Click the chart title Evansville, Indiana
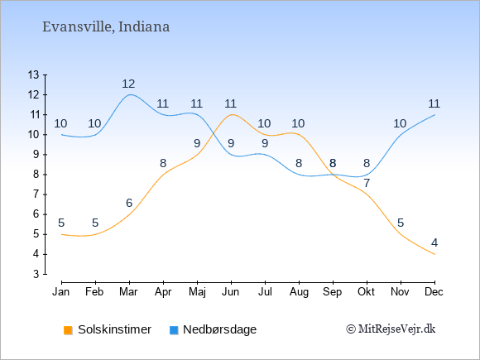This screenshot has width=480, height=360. (x=106, y=27)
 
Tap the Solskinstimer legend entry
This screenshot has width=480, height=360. (x=108, y=329)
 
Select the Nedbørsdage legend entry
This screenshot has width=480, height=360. (x=213, y=329)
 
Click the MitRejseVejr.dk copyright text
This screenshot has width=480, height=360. (x=391, y=329)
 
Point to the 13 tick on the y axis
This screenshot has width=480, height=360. (x=34, y=74)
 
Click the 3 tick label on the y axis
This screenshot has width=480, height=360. (x=36, y=274)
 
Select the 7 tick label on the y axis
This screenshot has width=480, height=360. (x=36, y=194)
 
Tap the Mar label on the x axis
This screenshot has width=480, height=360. (x=128, y=292)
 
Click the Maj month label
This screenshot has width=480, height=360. (x=197, y=292)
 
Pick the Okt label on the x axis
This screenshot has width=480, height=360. (x=366, y=292)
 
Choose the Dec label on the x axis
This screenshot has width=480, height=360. (x=434, y=292)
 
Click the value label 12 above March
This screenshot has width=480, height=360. (x=128, y=84)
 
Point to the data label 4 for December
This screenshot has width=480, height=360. (x=434, y=242)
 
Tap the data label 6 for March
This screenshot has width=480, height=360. (x=129, y=203)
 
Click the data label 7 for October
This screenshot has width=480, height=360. (x=367, y=183)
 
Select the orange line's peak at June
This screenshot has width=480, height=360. (x=232, y=114)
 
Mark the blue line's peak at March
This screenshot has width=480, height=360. (x=131, y=94)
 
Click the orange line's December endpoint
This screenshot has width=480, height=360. (x=434, y=254)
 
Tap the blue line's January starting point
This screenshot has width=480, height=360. (x=62, y=134)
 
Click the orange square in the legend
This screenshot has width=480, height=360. (x=68, y=330)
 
